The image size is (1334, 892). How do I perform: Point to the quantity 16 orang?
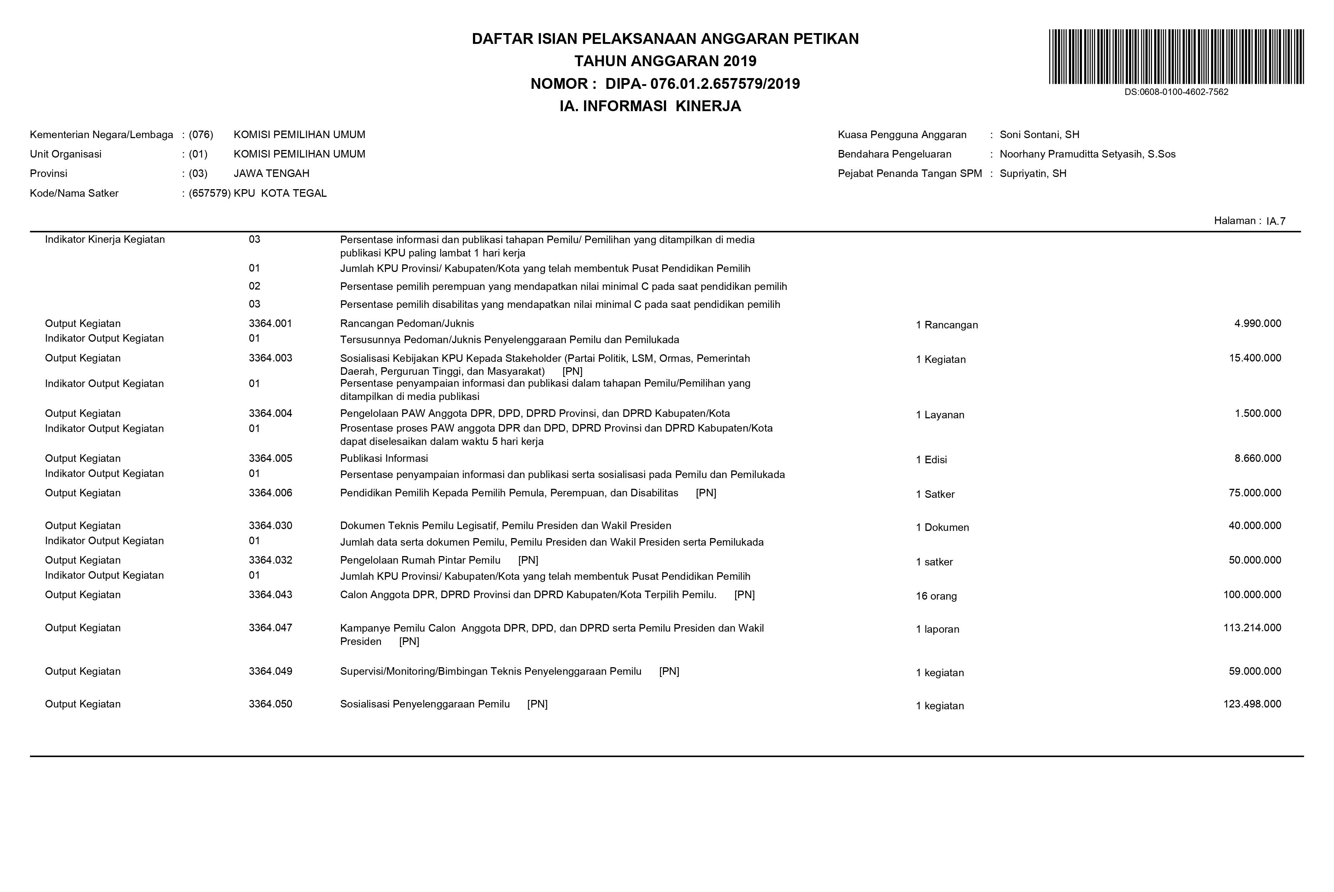pos(936,596)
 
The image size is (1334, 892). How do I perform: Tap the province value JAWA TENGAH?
pos(271,173)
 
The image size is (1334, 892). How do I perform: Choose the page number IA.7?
pos(1276,221)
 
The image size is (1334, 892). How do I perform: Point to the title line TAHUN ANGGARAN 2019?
pos(665,61)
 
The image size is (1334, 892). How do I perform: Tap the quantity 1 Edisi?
pos(931,460)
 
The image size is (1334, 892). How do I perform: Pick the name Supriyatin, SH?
pos(1033,173)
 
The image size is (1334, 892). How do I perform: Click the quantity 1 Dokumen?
pos(942,527)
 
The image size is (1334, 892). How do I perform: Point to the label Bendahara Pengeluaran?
pos(894,154)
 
